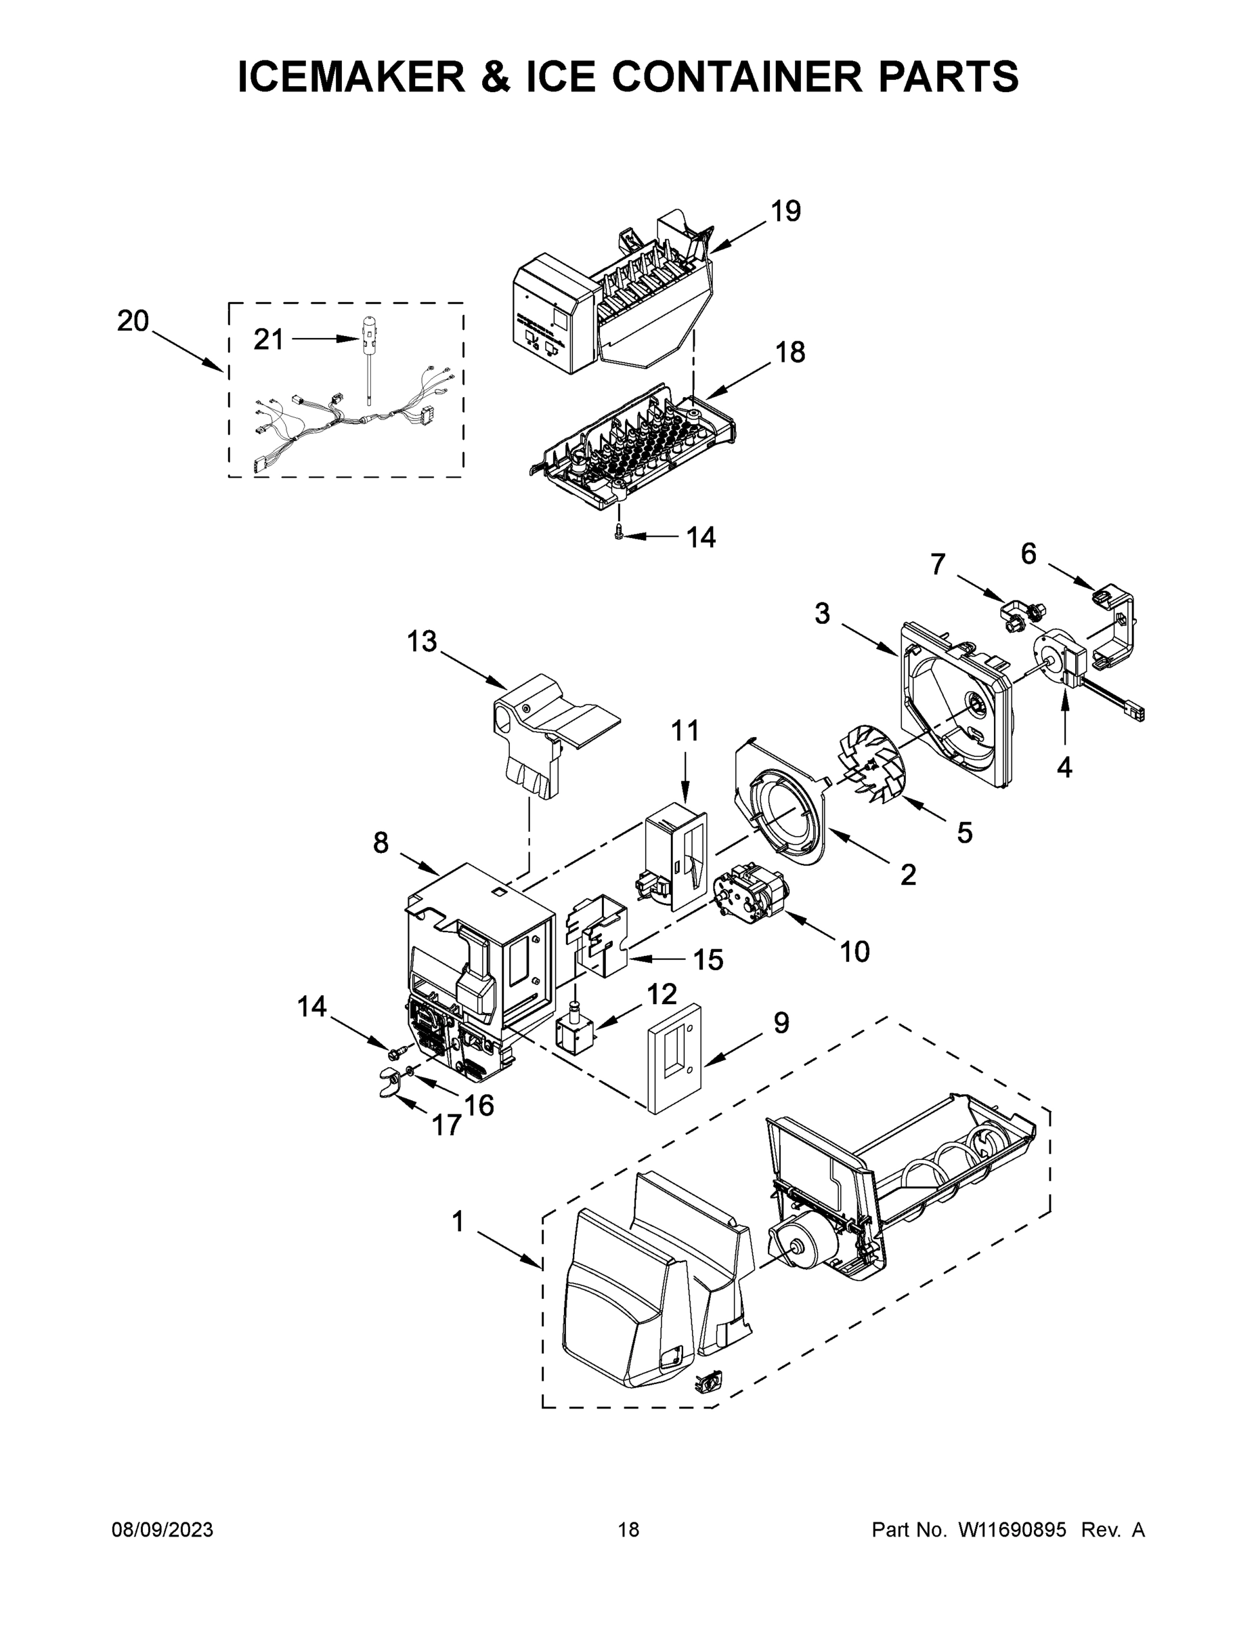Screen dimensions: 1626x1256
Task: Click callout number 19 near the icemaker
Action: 785,211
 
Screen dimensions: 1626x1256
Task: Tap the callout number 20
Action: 133,321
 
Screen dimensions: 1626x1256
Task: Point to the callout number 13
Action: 421,641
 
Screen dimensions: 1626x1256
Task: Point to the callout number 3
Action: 821,613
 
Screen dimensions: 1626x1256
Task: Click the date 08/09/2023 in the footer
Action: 163,1530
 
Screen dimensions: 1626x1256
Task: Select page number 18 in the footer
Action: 628,1530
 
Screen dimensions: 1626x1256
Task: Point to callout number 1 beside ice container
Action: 458,1221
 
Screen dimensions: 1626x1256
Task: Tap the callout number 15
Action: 708,959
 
